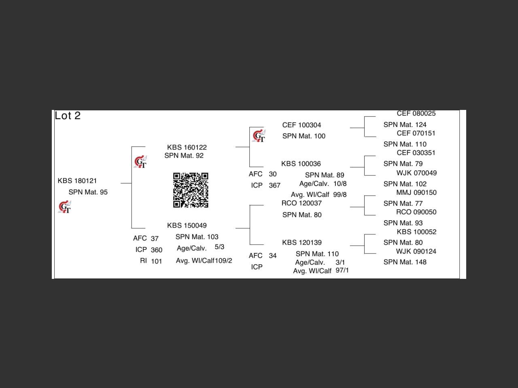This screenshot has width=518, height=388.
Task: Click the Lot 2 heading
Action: (x=68, y=116)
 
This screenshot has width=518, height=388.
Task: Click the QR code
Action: (x=191, y=190)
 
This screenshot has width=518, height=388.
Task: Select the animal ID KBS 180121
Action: (x=77, y=181)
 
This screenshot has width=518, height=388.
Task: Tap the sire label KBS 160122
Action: (x=187, y=147)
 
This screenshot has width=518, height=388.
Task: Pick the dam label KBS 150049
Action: (x=187, y=225)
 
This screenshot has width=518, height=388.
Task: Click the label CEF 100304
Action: (x=301, y=125)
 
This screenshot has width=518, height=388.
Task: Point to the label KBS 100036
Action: (x=301, y=164)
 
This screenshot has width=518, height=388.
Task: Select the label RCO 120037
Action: (x=301, y=203)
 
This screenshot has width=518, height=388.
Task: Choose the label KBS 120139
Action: (x=301, y=242)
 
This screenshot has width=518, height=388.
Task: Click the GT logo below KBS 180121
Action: (x=65, y=207)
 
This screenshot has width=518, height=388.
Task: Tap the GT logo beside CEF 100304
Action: (x=259, y=136)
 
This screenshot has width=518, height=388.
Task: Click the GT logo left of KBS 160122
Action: (x=140, y=162)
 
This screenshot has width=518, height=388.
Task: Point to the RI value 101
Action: (x=156, y=261)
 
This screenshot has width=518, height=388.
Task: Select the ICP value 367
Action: (x=274, y=186)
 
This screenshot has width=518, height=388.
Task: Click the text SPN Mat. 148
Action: (x=405, y=262)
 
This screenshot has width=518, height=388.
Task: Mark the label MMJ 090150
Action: (x=416, y=192)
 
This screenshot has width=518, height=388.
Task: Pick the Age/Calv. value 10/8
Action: (x=340, y=183)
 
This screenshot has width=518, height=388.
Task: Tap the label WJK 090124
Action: (x=416, y=251)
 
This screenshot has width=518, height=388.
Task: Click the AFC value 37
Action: (x=155, y=238)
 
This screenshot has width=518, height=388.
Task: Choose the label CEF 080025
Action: (x=416, y=114)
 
